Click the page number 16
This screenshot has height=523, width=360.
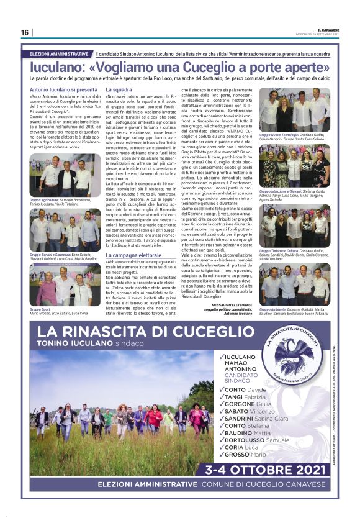point(24,33)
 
